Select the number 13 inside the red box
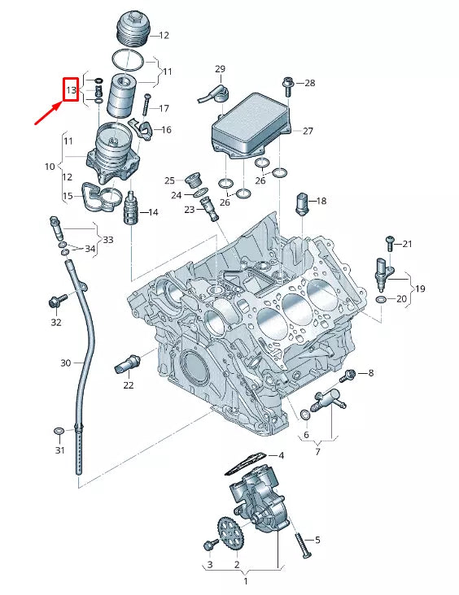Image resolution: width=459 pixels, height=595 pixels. pyautogui.click(x=71, y=89)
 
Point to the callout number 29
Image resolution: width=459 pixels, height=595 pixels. pyautogui.click(x=220, y=68)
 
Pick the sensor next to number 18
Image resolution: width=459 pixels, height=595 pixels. pyautogui.click(x=302, y=201)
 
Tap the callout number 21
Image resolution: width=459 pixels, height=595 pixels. pyautogui.click(x=408, y=244)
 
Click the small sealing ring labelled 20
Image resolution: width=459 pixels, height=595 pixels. pyautogui.click(x=382, y=301)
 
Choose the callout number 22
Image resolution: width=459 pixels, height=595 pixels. pyautogui.click(x=129, y=385)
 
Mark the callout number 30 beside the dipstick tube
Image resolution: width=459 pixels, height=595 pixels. pyautogui.click(x=66, y=363)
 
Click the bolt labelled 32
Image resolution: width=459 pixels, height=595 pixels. pyautogui.click(x=56, y=302)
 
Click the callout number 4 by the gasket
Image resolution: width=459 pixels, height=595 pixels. pyautogui.click(x=281, y=455)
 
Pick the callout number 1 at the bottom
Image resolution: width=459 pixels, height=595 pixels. pyautogui.click(x=245, y=582)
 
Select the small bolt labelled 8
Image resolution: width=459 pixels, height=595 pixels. pyautogui.click(x=350, y=374)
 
